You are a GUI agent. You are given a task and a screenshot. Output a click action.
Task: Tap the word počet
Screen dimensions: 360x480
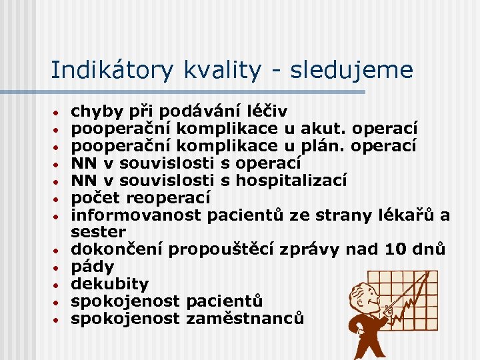click(x=94, y=197)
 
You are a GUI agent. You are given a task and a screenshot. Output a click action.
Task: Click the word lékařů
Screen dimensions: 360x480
click(x=407, y=215)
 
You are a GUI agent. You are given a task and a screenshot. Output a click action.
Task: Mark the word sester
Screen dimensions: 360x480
click(x=98, y=232)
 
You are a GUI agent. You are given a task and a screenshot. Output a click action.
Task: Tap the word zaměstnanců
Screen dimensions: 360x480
click(x=245, y=319)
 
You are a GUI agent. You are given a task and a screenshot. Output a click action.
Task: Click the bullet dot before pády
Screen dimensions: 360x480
click(x=58, y=268)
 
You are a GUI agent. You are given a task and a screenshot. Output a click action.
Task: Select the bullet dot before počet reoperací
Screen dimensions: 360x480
click(x=58, y=198)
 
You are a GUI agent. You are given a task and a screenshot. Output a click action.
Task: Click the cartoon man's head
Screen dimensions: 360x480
click(x=363, y=293)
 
